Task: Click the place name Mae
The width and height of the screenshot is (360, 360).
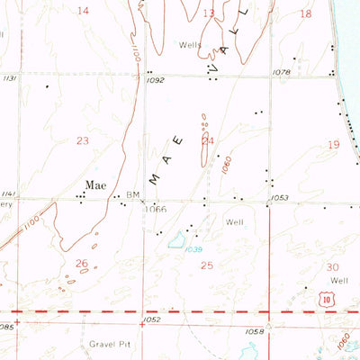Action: [95, 185]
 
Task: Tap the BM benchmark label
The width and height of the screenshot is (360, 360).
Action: [132, 194]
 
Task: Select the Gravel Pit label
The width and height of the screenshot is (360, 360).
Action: [110, 344]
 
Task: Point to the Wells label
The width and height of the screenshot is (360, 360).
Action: [189, 43]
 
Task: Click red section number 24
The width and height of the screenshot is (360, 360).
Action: [208, 140]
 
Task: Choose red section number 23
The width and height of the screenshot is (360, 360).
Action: [83, 140]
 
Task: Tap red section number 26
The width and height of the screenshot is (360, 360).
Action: [82, 264]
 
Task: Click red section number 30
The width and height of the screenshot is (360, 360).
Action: [331, 267]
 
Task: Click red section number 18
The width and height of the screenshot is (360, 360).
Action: [305, 13]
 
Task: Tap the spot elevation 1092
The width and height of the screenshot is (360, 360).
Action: [156, 81]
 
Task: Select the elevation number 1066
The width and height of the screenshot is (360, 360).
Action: [157, 209]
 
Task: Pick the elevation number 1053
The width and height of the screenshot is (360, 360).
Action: [278, 197]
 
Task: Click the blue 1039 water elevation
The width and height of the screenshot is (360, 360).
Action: [194, 249]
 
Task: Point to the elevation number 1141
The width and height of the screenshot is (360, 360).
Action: [9, 194]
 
